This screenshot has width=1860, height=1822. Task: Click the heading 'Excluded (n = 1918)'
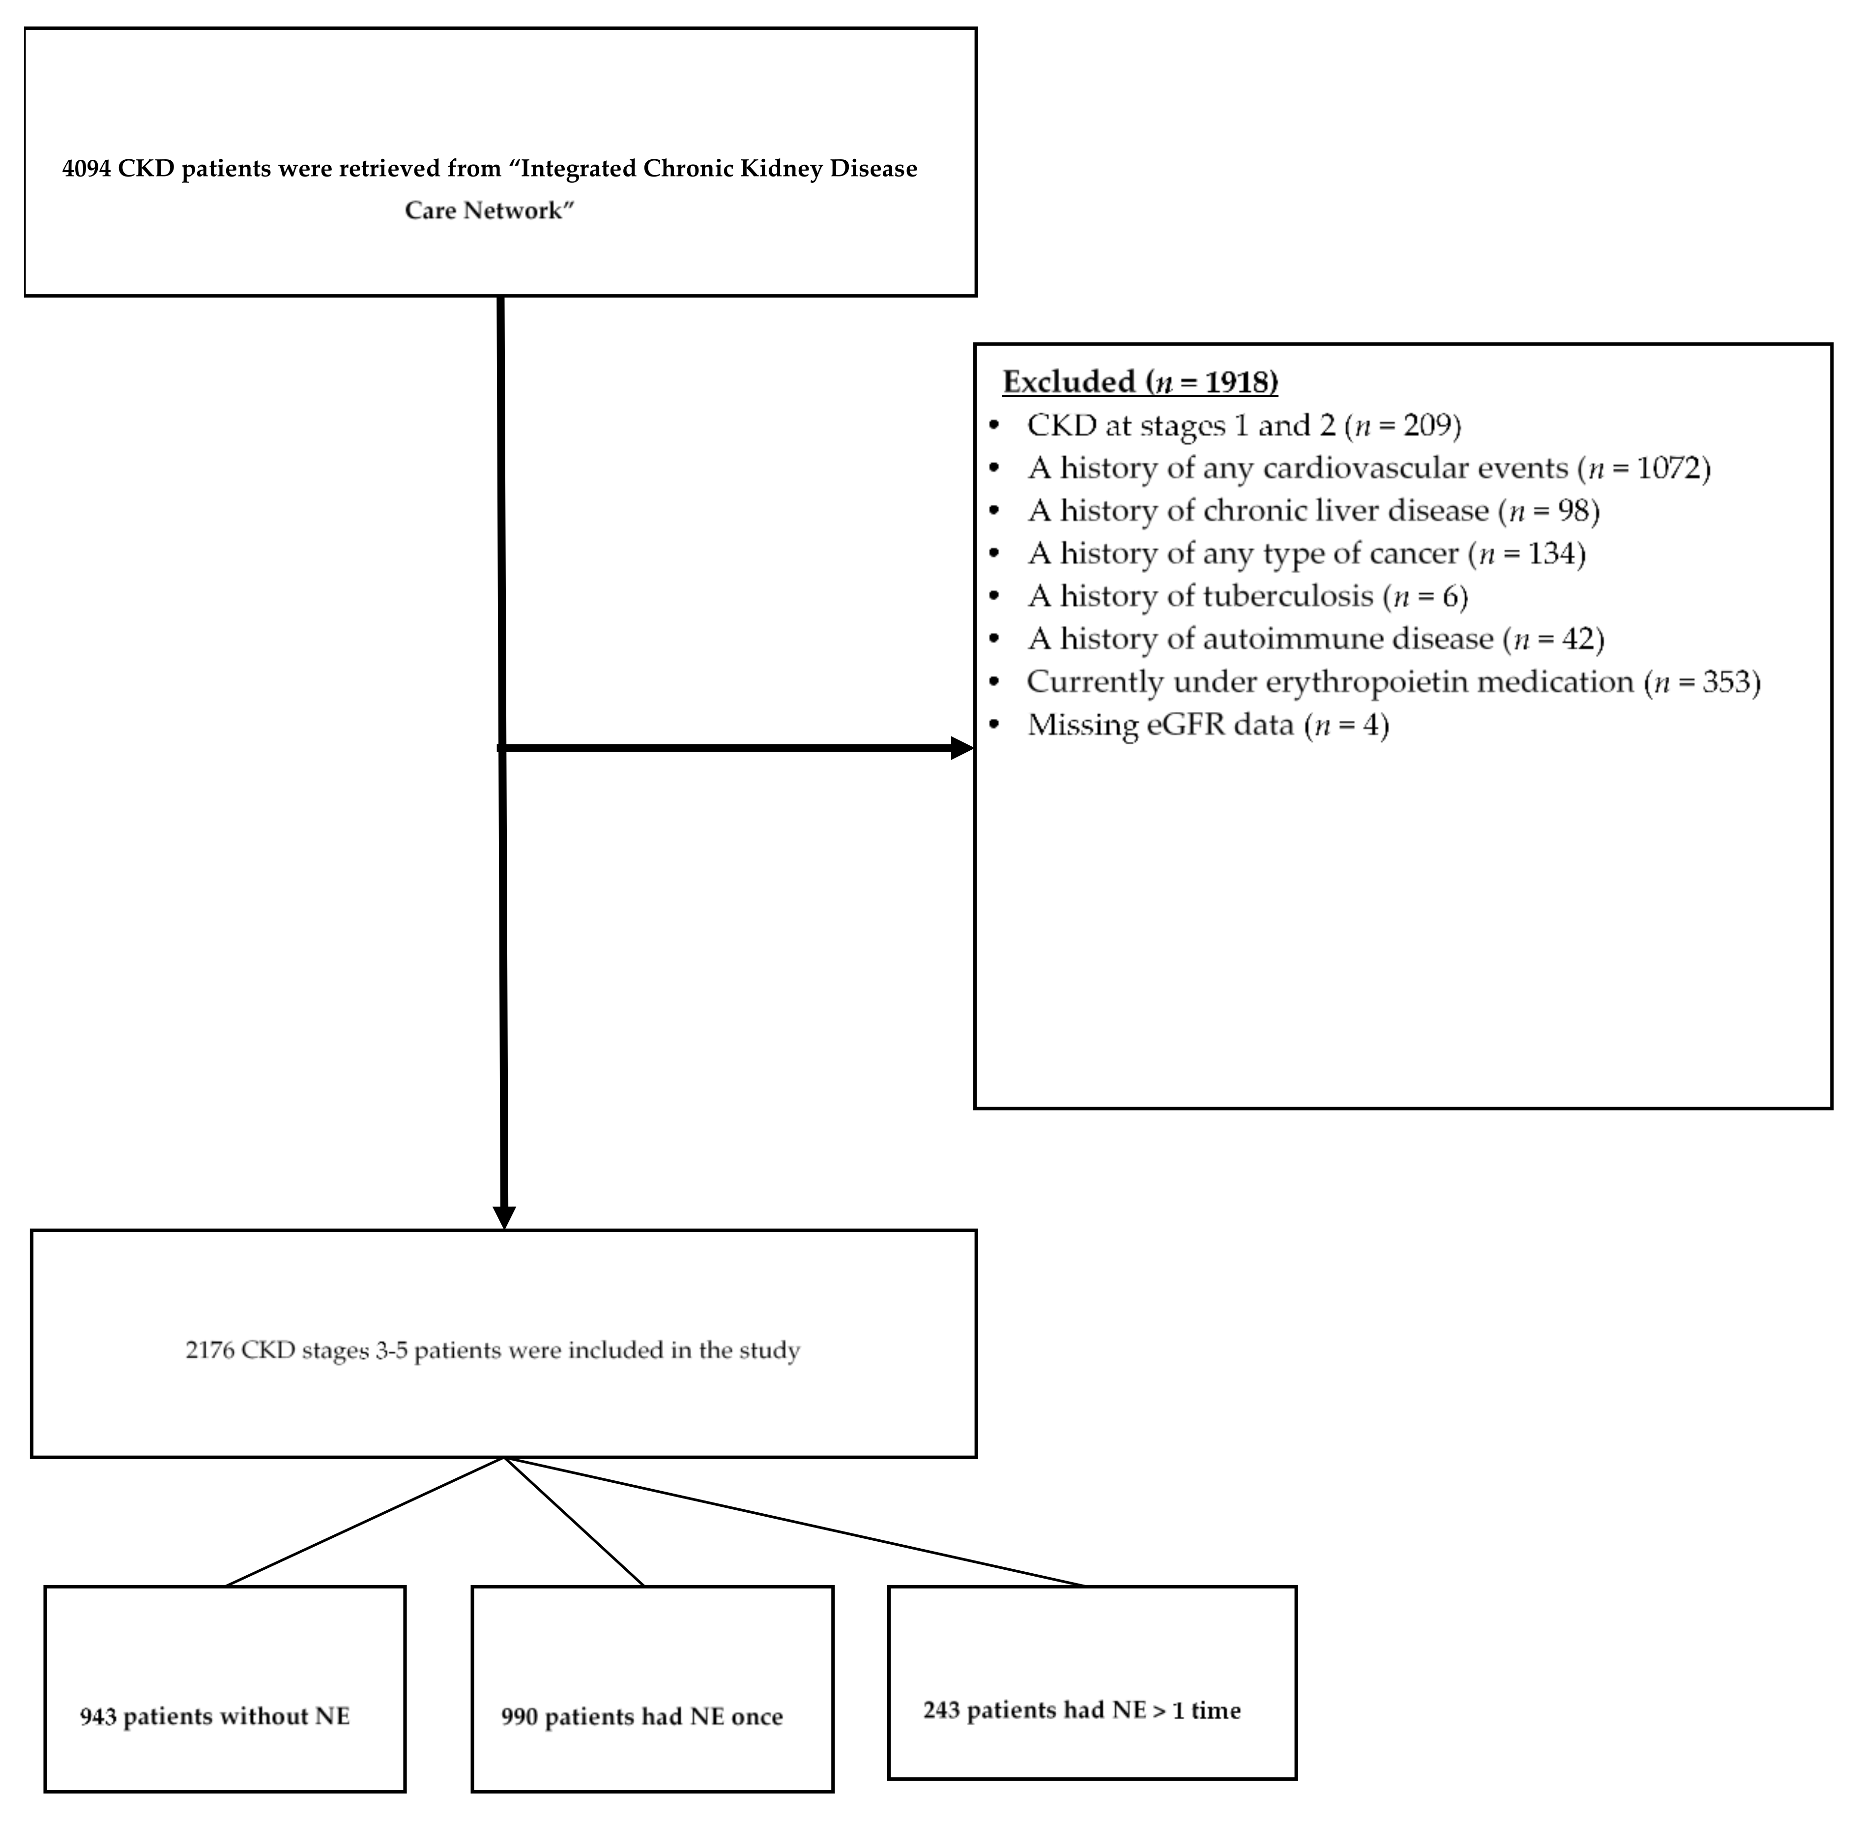pos(1139,382)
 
